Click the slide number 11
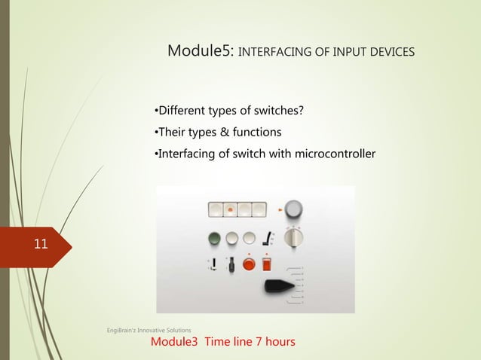39,244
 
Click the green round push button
215,239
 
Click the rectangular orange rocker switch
265,263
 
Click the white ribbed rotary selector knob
296,239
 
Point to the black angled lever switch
265,238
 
